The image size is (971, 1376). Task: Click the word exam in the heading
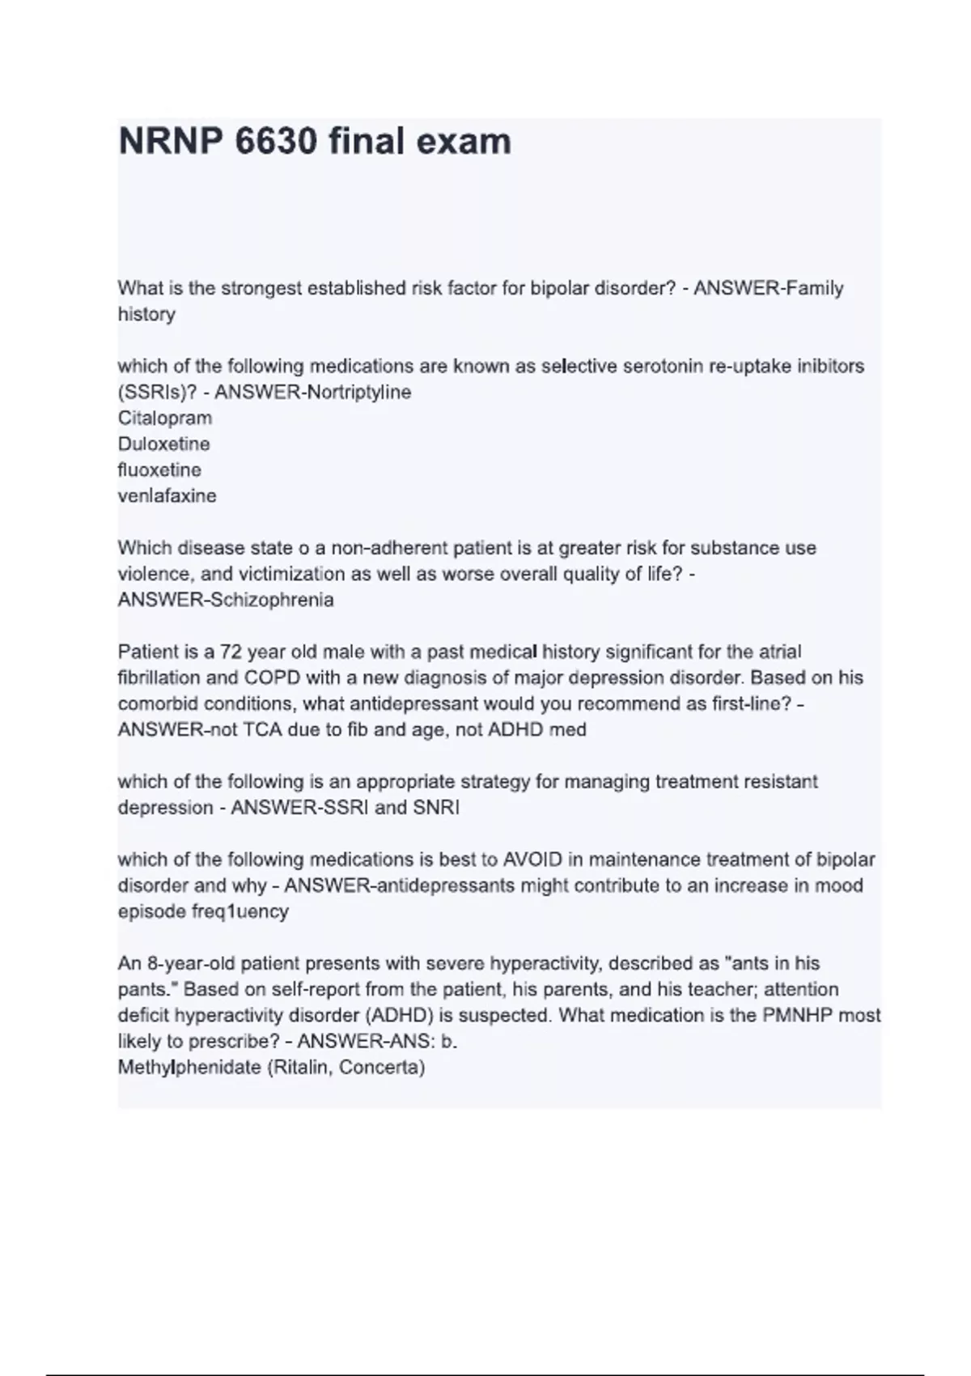click(x=464, y=142)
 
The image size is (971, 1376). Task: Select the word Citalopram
click(x=165, y=418)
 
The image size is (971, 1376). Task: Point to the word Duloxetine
click(x=163, y=444)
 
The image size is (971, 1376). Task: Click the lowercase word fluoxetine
click(x=159, y=470)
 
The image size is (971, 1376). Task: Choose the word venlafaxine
click(x=167, y=496)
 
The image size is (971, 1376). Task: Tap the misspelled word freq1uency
click(x=240, y=911)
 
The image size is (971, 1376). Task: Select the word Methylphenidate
click(x=189, y=1067)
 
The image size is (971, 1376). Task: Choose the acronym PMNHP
click(x=797, y=1015)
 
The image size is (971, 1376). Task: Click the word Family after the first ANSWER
click(x=813, y=288)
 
